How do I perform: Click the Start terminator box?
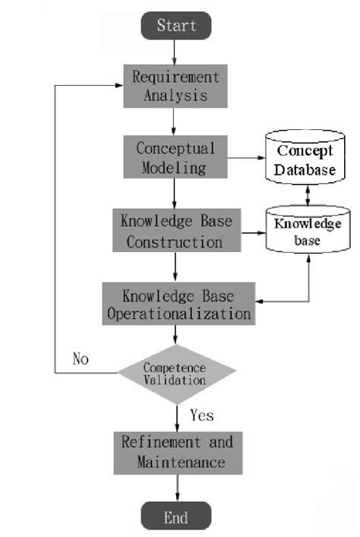pos(176,25)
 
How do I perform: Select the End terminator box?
pos(176,518)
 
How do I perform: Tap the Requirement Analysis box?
pos(176,86)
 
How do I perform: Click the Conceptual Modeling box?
pos(176,157)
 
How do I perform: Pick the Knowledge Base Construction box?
pos(175,231)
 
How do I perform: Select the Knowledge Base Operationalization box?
pos(177,303)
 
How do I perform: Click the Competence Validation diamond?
pos(177,372)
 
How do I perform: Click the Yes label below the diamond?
pos(201,415)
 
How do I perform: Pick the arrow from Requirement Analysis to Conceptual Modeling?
pos(176,122)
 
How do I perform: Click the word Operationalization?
pos(177,312)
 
